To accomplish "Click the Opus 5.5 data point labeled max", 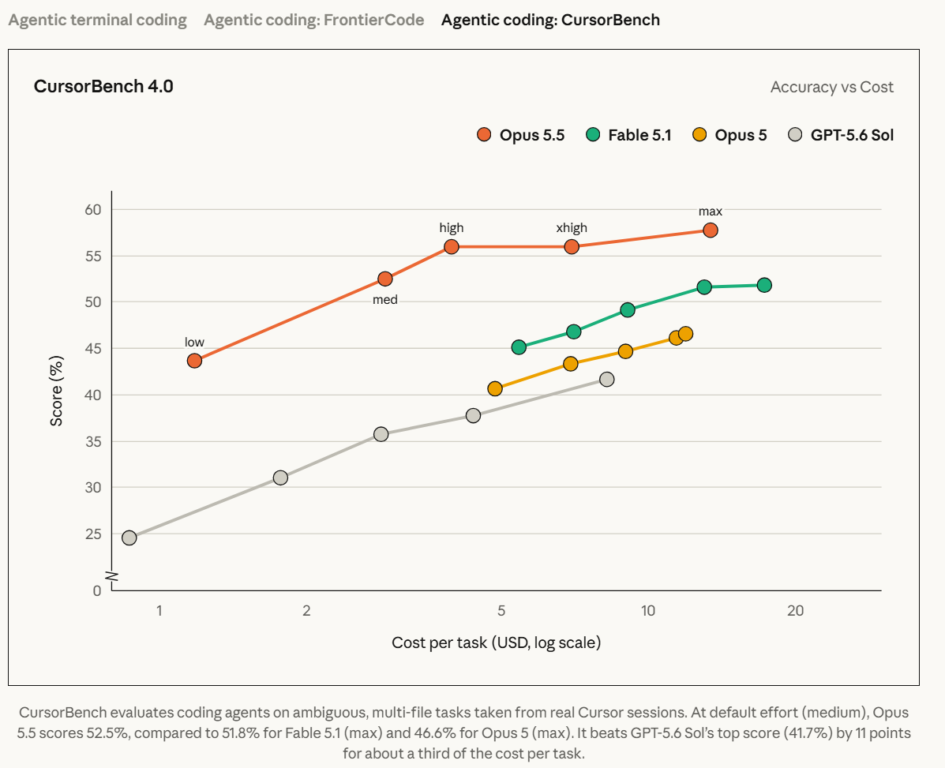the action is click(710, 230).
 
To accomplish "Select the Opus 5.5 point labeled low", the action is click(194, 361).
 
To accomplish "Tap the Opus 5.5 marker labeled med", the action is click(385, 279).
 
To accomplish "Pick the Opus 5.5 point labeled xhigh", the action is click(572, 246).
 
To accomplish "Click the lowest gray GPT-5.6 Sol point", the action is click(129, 538).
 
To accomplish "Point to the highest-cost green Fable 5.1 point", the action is click(764, 285).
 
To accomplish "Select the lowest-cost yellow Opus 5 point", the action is click(495, 388).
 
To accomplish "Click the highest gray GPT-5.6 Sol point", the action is click(607, 380).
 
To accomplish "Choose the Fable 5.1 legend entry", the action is click(628, 135).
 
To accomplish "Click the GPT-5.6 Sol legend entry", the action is click(841, 135).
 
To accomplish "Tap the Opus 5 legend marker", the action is click(699, 135).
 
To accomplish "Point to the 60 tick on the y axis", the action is click(93, 210).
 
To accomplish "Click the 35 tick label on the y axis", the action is click(93, 441).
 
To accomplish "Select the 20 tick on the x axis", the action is click(796, 611).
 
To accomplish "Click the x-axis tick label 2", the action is click(307, 611).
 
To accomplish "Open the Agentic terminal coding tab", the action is click(98, 20).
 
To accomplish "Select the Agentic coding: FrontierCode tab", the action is click(314, 20).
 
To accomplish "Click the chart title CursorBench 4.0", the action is click(103, 86).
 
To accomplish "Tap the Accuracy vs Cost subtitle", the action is click(831, 88).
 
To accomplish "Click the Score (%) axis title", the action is click(56, 391).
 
